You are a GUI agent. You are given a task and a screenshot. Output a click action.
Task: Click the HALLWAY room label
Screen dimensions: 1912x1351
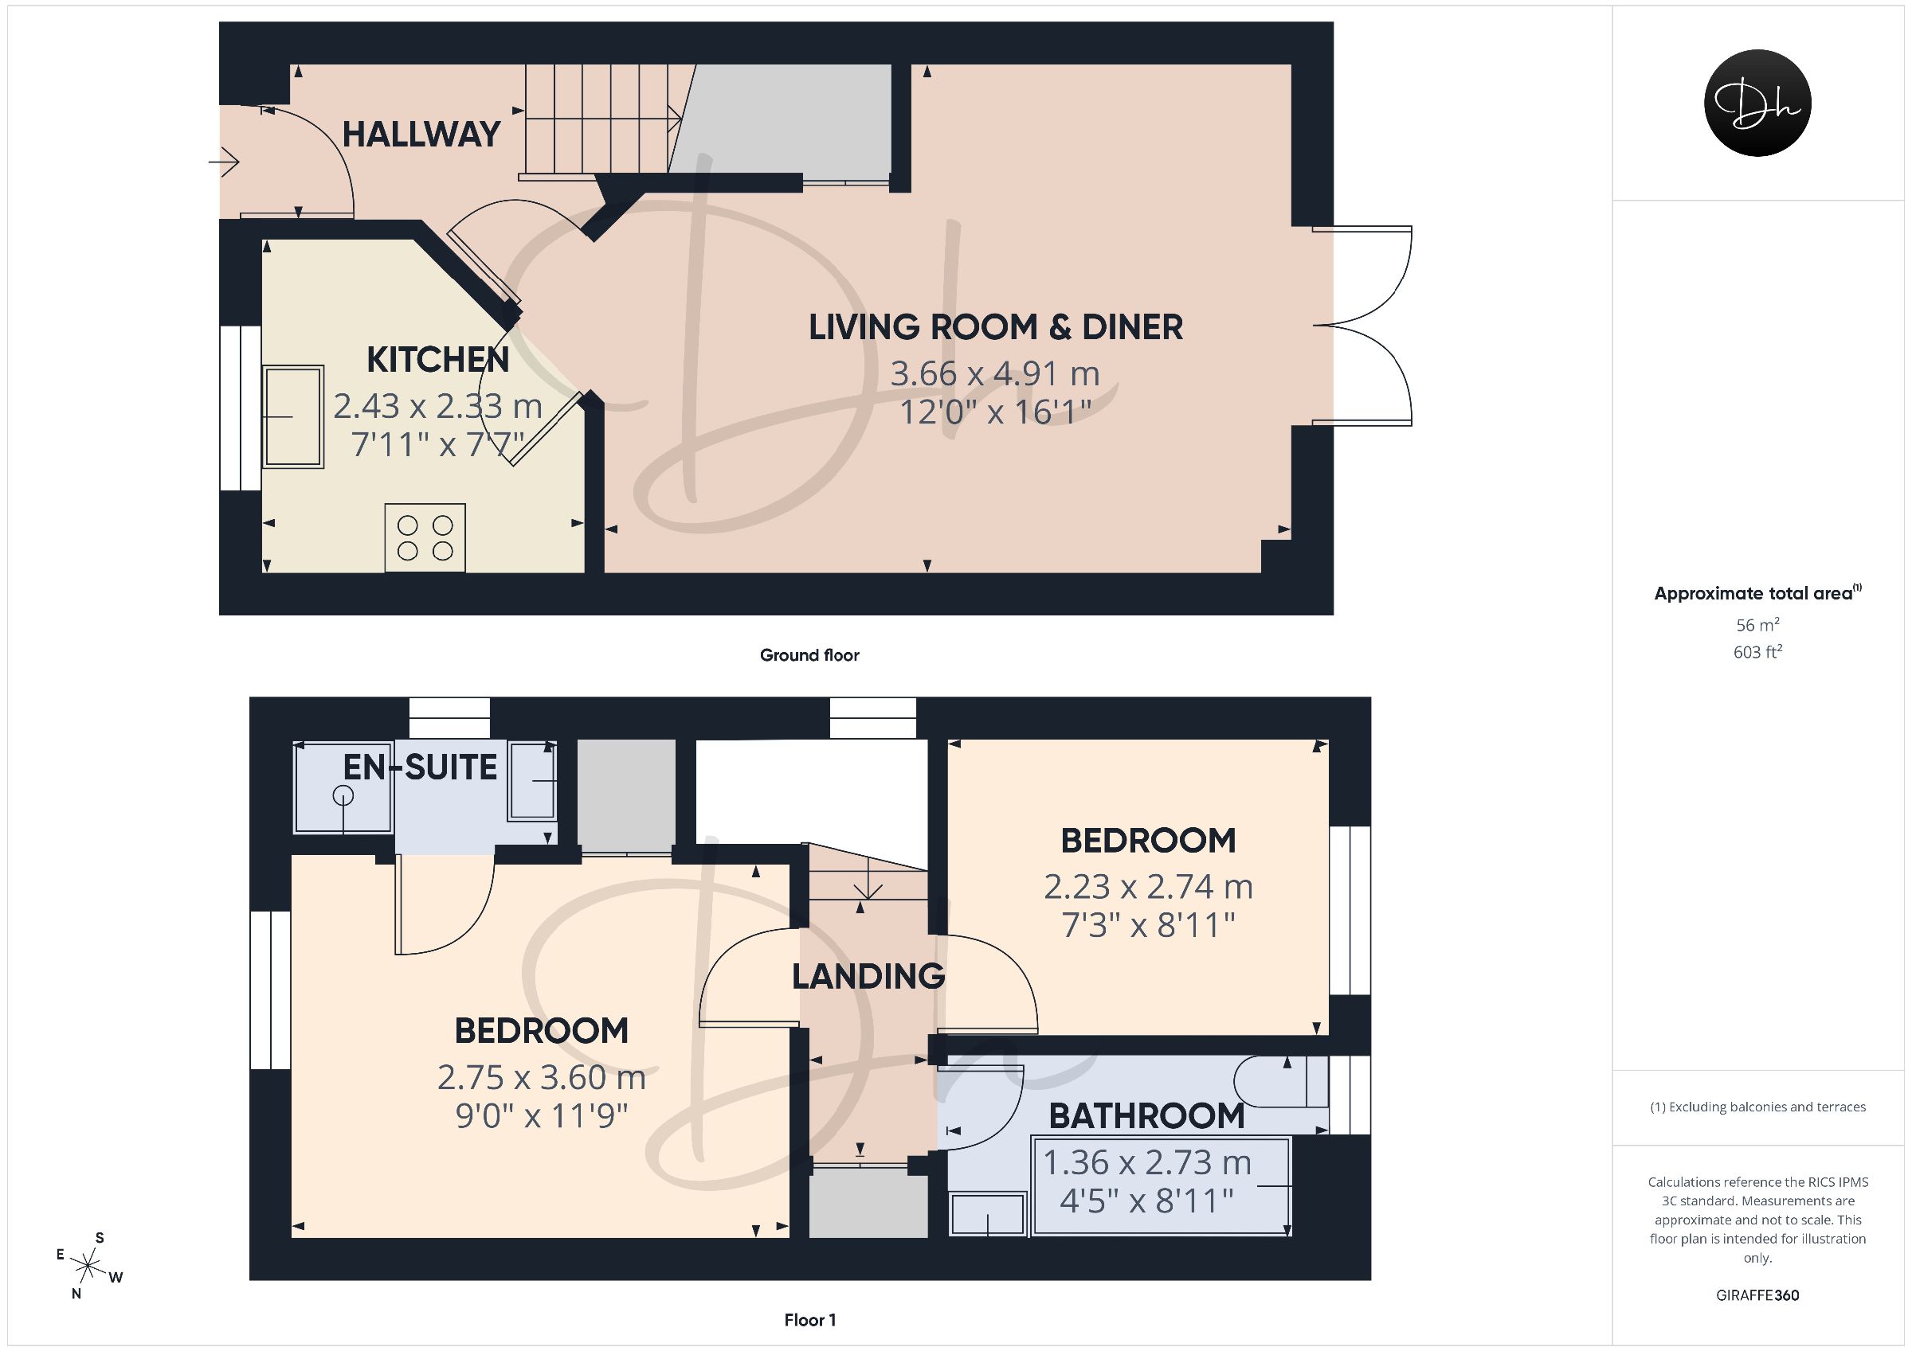click(421, 135)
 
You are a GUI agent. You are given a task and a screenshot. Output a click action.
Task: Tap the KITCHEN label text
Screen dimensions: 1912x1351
click(438, 360)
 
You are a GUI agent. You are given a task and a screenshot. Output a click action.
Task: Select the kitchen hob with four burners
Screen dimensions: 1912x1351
click(425, 537)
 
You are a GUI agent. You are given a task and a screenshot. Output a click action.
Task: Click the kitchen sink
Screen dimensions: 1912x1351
click(293, 416)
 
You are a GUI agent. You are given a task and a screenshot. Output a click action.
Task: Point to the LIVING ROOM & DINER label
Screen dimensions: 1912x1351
click(996, 327)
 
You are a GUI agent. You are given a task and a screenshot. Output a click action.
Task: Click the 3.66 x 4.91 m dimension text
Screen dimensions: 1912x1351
click(995, 373)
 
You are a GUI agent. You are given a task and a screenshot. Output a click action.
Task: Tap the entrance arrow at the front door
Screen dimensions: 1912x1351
click(224, 162)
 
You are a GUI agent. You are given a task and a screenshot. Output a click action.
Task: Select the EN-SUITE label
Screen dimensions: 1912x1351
click(420, 767)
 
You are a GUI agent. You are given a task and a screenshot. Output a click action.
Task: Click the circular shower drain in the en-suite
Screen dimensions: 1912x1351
click(343, 797)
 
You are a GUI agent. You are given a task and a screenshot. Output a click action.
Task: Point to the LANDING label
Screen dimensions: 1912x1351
click(868, 976)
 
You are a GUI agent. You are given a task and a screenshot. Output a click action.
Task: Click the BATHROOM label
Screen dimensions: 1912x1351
click(1146, 1116)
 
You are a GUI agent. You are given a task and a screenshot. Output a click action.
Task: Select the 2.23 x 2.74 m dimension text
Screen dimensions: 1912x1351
click(1148, 888)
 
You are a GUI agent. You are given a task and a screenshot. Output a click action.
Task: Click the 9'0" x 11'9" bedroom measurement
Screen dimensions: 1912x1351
click(541, 1115)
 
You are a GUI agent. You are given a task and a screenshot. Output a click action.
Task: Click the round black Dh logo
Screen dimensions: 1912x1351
click(1758, 103)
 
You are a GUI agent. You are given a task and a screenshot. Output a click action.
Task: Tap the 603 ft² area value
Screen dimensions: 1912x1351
click(1757, 652)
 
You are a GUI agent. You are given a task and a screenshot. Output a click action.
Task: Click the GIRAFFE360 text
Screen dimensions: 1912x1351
click(1757, 1295)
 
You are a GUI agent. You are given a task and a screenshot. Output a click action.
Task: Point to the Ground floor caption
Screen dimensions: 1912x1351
click(809, 655)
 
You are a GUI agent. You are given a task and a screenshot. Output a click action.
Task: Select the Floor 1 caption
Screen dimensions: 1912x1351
click(809, 1320)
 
